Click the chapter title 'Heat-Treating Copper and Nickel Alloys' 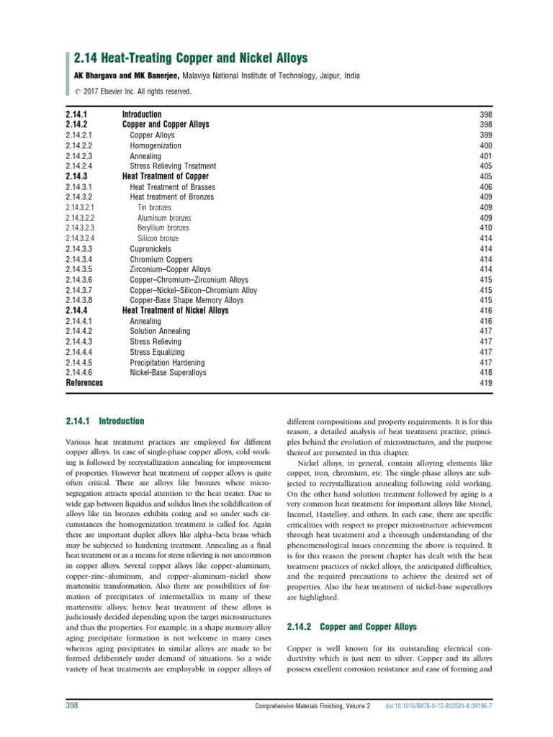194,58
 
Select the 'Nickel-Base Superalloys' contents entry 168,373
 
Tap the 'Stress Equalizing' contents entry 157,352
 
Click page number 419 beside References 485,384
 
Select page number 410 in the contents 485,227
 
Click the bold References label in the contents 84,384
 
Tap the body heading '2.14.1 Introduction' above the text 105,421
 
